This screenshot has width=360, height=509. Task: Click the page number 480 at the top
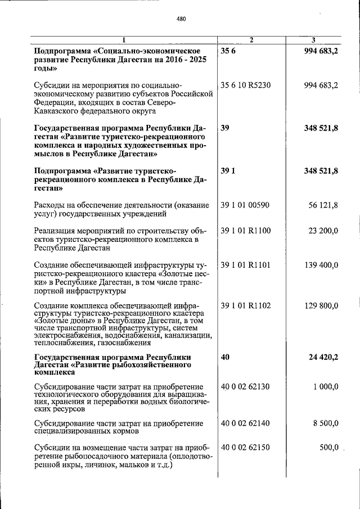pyautogui.click(x=181, y=19)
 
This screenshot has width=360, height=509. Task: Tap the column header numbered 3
pyautogui.click(x=313, y=39)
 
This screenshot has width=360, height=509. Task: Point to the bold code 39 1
pyautogui.click(x=228, y=171)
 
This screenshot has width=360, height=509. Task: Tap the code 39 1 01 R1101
pyautogui.click(x=246, y=264)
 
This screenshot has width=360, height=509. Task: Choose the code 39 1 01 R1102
pyautogui.click(x=246, y=306)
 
